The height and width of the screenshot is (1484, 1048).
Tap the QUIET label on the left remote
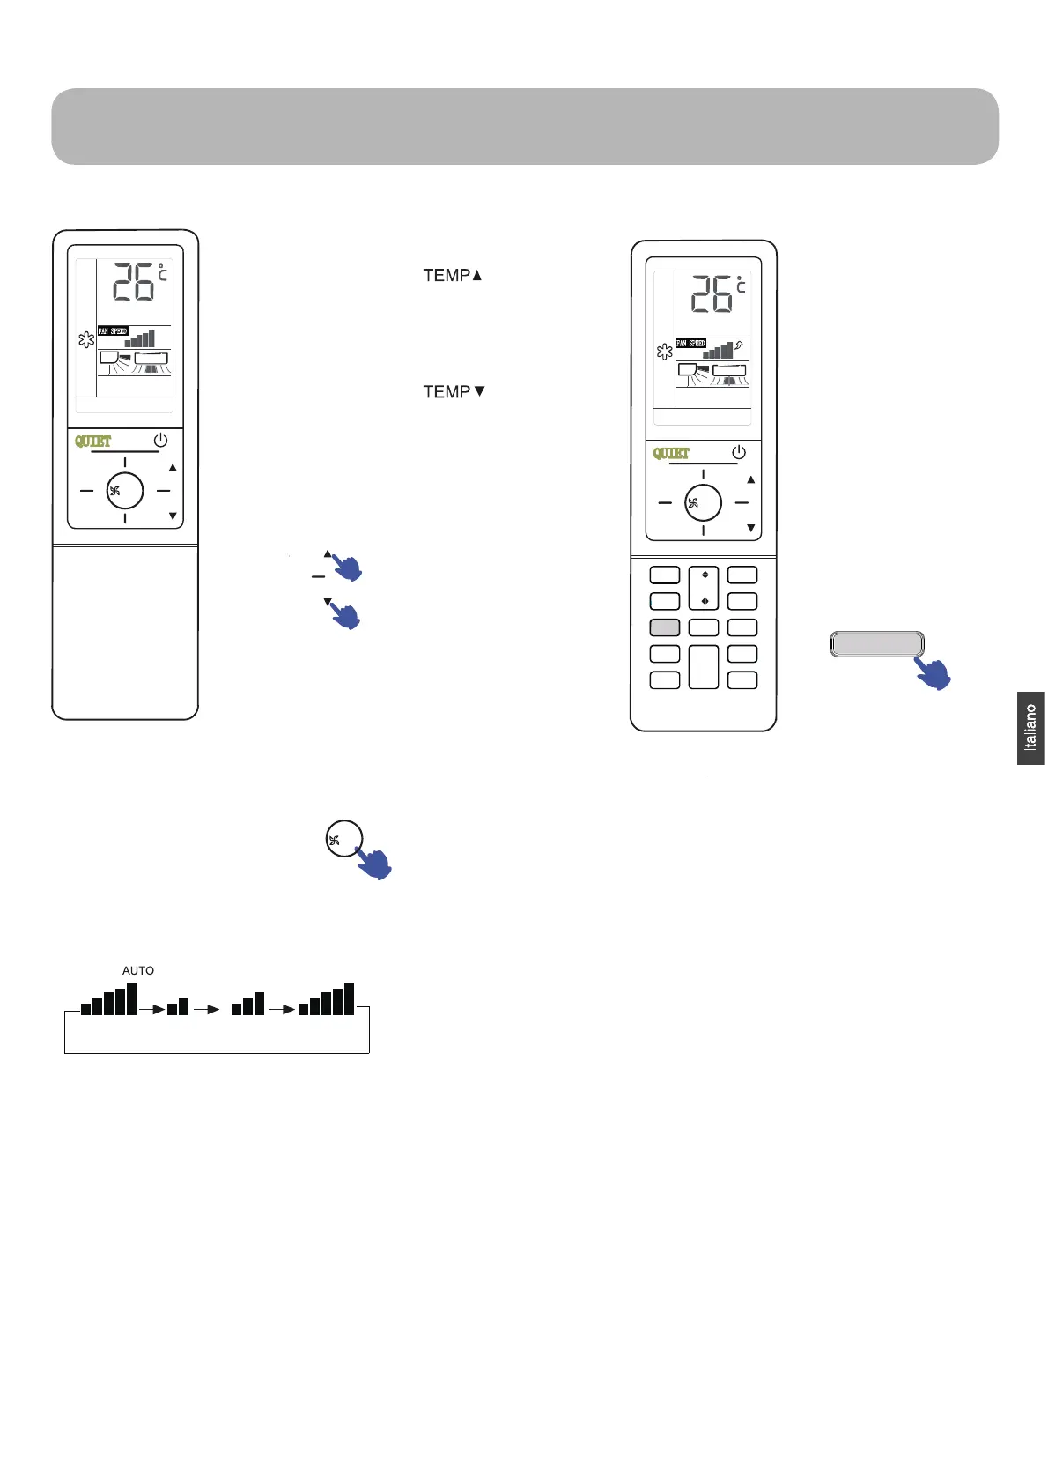click(x=92, y=441)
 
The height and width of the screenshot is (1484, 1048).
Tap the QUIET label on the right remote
click(x=671, y=453)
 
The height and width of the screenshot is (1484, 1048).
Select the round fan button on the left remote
click(x=124, y=491)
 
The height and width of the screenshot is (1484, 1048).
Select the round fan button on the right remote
click(x=703, y=503)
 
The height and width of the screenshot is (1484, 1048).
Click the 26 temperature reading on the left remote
click(x=134, y=283)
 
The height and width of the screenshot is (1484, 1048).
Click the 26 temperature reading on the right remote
click(x=712, y=294)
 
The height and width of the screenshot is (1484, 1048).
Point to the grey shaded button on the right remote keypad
click(x=665, y=627)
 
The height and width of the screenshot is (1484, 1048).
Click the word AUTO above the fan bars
click(x=138, y=970)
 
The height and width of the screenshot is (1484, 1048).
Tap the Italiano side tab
click(x=1030, y=728)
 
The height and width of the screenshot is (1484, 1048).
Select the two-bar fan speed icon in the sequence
click(x=178, y=1005)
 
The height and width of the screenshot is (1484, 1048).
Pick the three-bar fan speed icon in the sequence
click(x=247, y=1004)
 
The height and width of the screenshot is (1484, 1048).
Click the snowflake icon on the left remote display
click(x=86, y=339)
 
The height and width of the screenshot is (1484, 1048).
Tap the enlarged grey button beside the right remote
click(x=876, y=644)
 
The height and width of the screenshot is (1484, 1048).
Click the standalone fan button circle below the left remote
click(x=343, y=839)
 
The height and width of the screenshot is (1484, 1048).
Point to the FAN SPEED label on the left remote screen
click(x=113, y=331)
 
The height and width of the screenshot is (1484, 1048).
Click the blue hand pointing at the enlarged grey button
click(x=934, y=674)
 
